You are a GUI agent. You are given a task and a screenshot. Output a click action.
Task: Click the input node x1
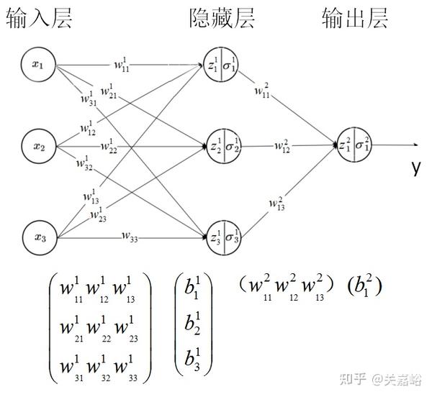[37, 65]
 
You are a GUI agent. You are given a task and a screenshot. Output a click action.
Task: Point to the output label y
[416, 167]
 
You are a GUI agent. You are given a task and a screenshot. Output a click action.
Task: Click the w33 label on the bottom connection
[130, 234]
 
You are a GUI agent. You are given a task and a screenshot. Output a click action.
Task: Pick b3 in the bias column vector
[193, 357]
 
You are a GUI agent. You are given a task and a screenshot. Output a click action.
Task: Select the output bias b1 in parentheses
[364, 286]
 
